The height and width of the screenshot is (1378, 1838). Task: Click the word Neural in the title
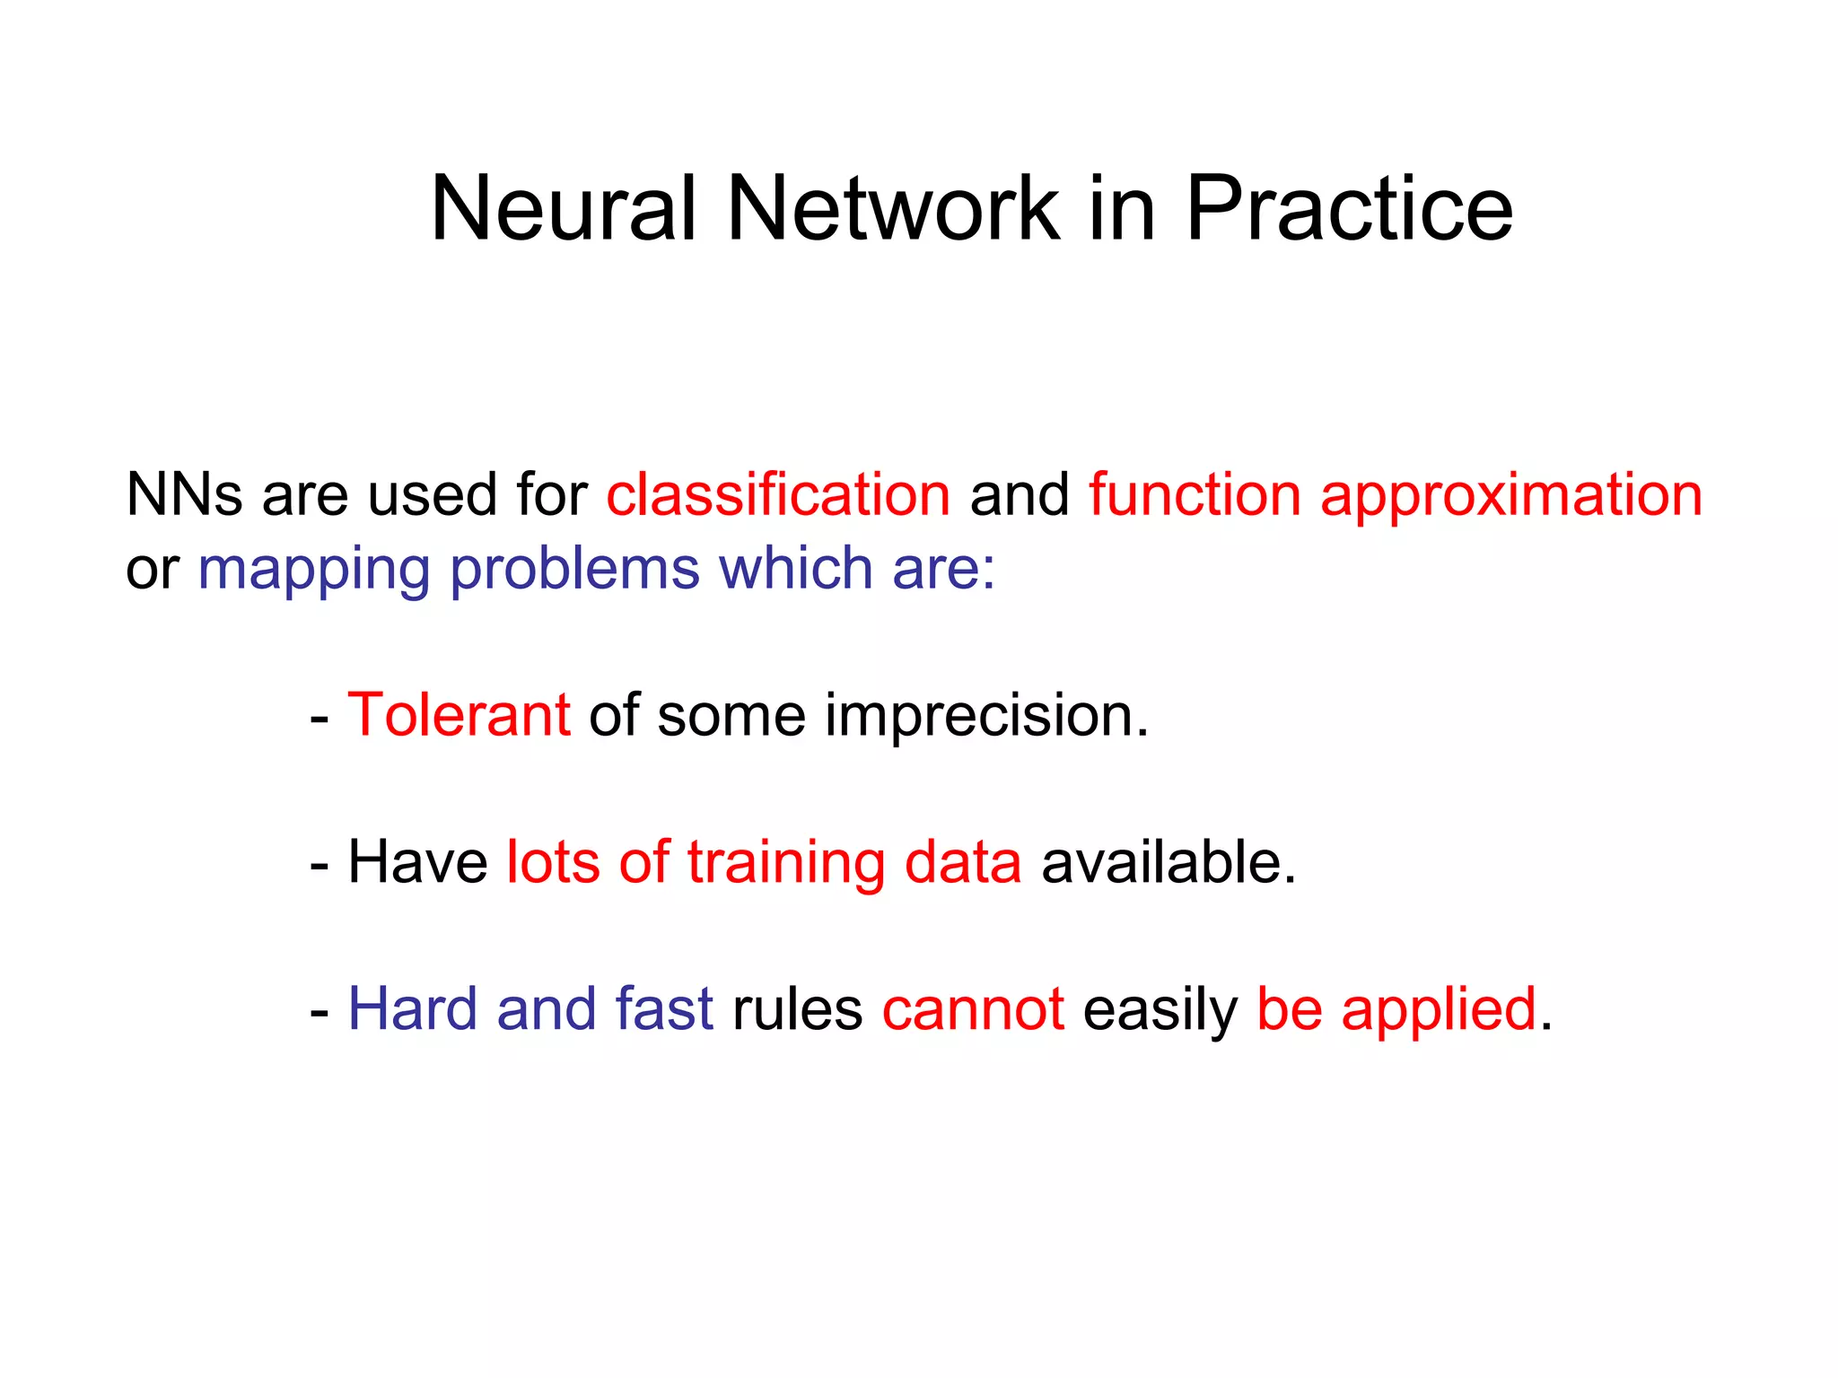[x=564, y=208]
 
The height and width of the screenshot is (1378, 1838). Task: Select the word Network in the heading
[x=892, y=208]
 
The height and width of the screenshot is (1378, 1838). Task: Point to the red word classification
[x=778, y=494]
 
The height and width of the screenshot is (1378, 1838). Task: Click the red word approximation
[x=1511, y=496]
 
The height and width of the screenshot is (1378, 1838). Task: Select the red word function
[x=1195, y=494]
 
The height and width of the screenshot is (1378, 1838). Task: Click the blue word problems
[x=574, y=569]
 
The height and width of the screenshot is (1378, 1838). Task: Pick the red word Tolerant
[x=459, y=715]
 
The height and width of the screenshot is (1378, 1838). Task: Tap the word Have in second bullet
[x=417, y=862]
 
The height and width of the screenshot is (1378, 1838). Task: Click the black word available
[x=1168, y=862]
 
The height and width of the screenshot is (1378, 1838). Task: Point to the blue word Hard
[x=412, y=1008]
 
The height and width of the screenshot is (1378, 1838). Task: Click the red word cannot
[x=973, y=1009]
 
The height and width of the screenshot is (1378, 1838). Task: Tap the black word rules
[x=797, y=1009]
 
